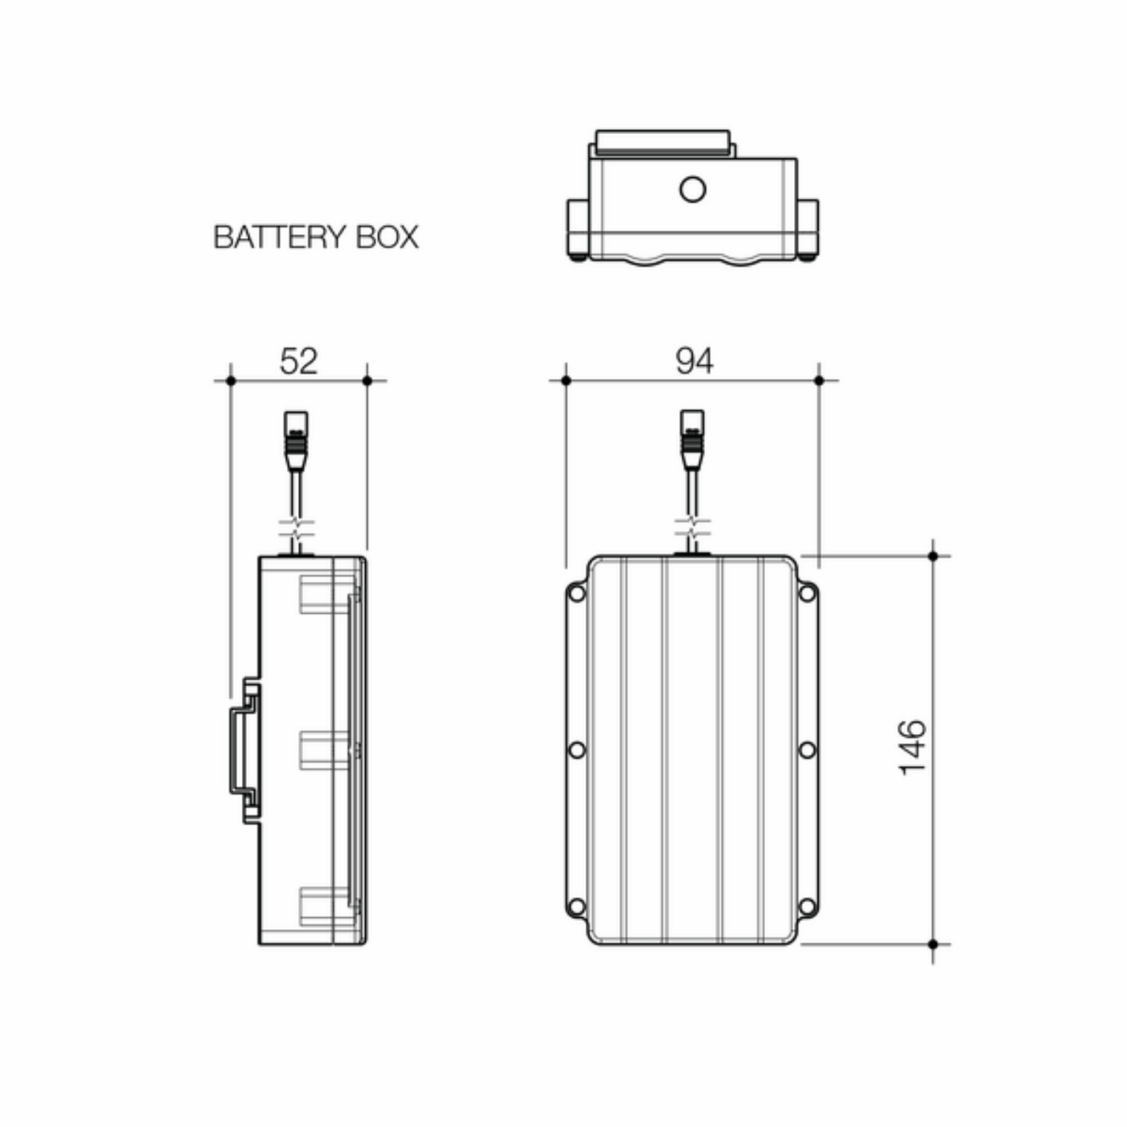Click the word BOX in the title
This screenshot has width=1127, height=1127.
click(387, 237)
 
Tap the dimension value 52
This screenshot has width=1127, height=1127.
click(299, 361)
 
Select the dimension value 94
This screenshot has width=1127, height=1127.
click(694, 361)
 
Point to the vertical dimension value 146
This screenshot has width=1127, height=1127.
click(913, 748)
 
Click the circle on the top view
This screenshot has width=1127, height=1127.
click(693, 190)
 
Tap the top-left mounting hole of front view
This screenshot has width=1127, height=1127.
click(576, 594)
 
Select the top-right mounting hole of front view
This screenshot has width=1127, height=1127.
click(806, 594)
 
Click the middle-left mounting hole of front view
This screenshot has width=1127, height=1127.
click(576, 750)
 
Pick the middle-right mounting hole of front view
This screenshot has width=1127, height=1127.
click(806, 750)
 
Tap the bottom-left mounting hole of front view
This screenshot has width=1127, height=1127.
click(576, 907)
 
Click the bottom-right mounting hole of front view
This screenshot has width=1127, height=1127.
click(806, 907)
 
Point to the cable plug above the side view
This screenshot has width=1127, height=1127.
click(296, 441)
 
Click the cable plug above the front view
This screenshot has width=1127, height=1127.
click(692, 439)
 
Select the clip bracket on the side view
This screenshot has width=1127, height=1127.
click(244, 750)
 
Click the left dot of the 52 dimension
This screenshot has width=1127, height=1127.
click(230, 381)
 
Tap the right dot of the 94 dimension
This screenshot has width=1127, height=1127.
click(819, 381)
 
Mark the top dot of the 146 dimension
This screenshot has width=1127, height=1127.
click(933, 556)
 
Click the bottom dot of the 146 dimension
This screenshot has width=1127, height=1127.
click(933, 944)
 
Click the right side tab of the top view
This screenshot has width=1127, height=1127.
click(808, 229)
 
